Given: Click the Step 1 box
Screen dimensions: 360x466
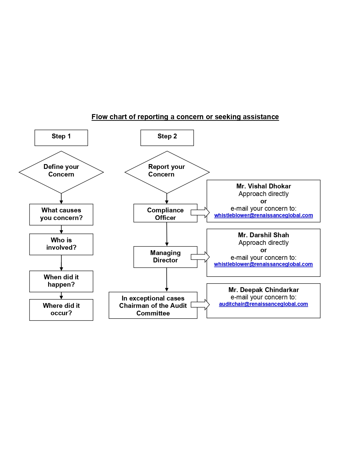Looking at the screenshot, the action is tap(61, 138).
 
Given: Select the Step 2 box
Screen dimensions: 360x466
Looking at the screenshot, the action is tap(167, 138).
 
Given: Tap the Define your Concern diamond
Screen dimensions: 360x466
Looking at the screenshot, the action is tap(61, 172).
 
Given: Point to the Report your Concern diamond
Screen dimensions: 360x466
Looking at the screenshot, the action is tap(167, 172).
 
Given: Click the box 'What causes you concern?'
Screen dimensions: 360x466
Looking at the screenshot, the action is tap(61, 214).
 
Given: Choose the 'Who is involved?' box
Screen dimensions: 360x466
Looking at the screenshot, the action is tap(61, 244).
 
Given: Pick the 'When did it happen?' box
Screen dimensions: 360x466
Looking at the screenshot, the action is tap(61, 281).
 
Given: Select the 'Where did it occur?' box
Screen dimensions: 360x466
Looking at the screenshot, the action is tap(61, 310).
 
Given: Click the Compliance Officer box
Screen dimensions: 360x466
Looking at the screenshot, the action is tap(165, 213).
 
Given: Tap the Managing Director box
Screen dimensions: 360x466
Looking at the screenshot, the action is tap(165, 257).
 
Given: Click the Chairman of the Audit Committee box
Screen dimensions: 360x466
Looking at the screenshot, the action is tap(153, 305).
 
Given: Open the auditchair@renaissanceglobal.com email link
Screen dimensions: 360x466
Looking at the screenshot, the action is tap(263, 304).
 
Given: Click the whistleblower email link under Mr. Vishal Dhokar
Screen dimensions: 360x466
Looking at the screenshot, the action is tap(263, 215).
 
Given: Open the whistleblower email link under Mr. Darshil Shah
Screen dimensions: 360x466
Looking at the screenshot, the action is tap(263, 264).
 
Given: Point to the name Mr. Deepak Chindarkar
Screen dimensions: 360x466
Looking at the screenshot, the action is tap(263, 290).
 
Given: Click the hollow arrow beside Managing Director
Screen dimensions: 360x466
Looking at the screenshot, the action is tap(200, 257).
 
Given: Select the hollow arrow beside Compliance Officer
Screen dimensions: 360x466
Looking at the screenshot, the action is tap(200, 212).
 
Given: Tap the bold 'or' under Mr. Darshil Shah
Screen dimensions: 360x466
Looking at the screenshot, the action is tap(263, 250).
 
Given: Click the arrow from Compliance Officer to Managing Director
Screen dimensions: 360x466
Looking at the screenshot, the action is tap(167, 234).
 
